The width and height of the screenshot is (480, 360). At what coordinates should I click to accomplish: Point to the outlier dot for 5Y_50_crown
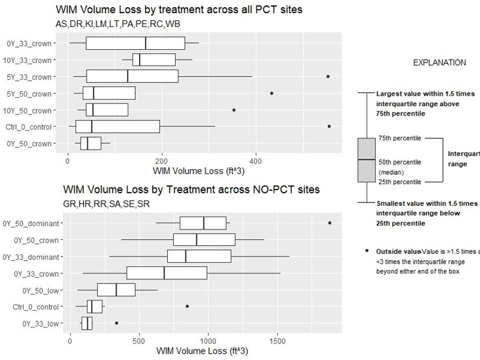(x=271, y=93)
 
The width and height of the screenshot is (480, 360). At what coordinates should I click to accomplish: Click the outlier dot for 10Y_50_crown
(x=234, y=110)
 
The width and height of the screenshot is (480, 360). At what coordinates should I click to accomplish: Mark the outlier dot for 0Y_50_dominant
(x=330, y=223)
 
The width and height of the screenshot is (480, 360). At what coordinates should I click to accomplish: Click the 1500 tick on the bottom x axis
(x=278, y=340)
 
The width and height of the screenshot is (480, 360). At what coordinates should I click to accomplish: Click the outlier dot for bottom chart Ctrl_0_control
(x=188, y=306)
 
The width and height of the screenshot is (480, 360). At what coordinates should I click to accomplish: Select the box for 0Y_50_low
(x=116, y=289)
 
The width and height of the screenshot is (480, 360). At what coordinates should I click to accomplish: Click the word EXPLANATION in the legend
(x=439, y=63)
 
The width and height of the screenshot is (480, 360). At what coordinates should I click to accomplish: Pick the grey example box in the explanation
(x=366, y=160)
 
